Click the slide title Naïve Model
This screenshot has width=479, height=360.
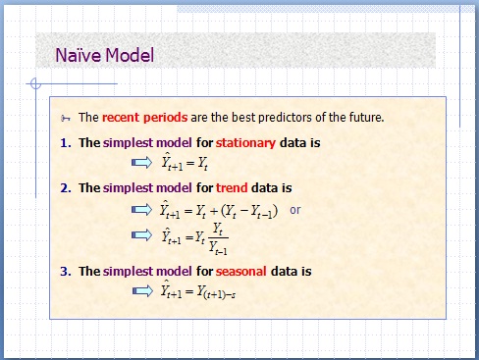tap(103, 55)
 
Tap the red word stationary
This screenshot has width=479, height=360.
tap(246, 142)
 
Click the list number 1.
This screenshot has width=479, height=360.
tap(65, 142)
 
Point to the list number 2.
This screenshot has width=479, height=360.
tap(65, 187)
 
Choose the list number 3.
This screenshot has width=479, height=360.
tap(65, 271)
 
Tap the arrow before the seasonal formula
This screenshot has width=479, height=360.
tap(142, 289)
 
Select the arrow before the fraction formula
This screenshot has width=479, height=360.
tap(142, 235)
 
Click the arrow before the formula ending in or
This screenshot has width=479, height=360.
tap(142, 209)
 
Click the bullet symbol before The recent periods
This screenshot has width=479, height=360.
tap(66, 118)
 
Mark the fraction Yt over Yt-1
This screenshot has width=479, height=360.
tap(218, 236)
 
